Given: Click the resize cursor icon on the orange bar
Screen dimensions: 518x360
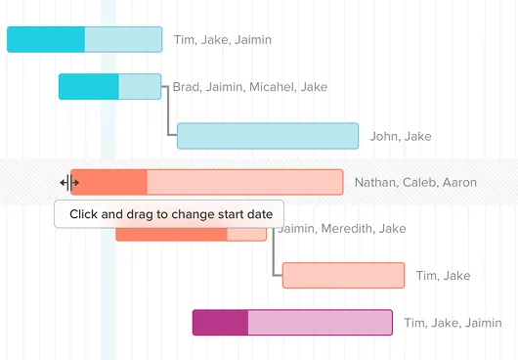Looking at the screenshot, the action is tap(69, 183).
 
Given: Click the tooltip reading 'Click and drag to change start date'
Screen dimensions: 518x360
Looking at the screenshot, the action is tap(169, 214).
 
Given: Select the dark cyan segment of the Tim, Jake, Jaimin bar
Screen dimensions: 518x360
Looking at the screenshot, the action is tap(46, 39).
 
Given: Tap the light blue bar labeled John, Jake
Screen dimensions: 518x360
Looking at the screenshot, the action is tap(268, 136).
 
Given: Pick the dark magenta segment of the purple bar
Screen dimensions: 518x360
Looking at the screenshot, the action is tap(220, 322).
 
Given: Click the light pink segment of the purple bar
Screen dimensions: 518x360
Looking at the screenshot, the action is tap(321, 322).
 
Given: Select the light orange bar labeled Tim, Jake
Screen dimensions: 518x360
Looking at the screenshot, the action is tap(343, 275).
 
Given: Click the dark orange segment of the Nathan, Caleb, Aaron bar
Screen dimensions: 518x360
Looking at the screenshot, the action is tap(109, 182).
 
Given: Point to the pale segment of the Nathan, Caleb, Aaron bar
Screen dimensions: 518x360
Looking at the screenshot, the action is tap(245, 182).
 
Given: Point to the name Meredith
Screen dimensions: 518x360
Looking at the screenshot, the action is tap(346, 229).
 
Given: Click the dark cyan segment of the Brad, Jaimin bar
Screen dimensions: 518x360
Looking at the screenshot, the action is tap(89, 87).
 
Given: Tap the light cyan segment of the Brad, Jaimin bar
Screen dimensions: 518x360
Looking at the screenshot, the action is tap(140, 87).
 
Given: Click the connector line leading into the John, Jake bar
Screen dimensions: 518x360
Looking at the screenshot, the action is tap(168, 112).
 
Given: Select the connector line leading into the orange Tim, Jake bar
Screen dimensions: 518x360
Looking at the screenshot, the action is tap(274, 251).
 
